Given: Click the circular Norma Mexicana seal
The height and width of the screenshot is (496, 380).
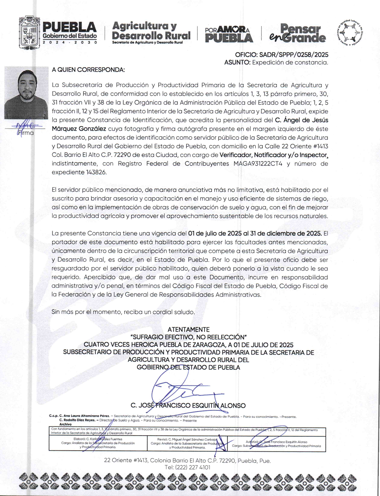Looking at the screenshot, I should click(349, 33).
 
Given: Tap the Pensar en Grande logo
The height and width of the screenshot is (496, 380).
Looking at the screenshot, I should click(298, 33).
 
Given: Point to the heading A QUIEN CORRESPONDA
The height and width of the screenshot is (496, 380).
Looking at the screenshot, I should click(88, 70).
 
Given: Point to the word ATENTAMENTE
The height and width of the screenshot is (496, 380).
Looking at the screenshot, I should click(188, 329).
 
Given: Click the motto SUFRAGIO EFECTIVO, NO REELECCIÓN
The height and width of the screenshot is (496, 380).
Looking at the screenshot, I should click(188, 337).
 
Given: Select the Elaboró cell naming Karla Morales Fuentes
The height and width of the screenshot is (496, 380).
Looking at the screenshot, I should click(98, 443).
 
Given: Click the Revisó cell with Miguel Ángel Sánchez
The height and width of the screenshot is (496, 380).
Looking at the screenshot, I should click(187, 443).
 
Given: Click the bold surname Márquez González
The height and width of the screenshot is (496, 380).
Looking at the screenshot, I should click(79, 129).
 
